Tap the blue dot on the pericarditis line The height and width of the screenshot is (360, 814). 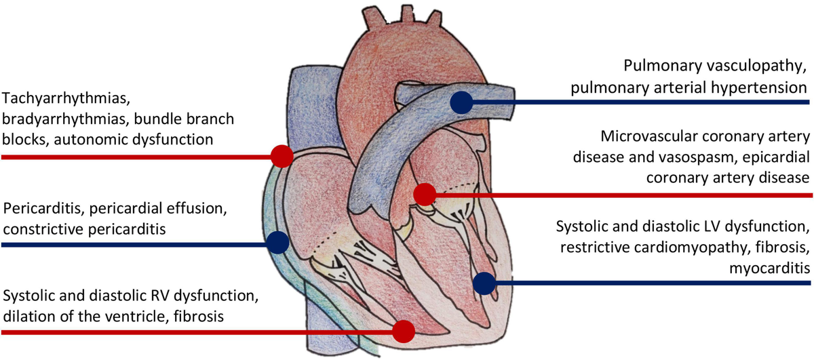click(277, 242)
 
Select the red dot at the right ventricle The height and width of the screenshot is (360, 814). click(404, 332)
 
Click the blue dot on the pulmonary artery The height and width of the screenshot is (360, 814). click(461, 102)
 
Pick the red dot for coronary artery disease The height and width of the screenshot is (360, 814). click(425, 194)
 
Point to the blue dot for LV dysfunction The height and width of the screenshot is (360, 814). click(483, 283)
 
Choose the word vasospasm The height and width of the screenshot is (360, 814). click(699, 157)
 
